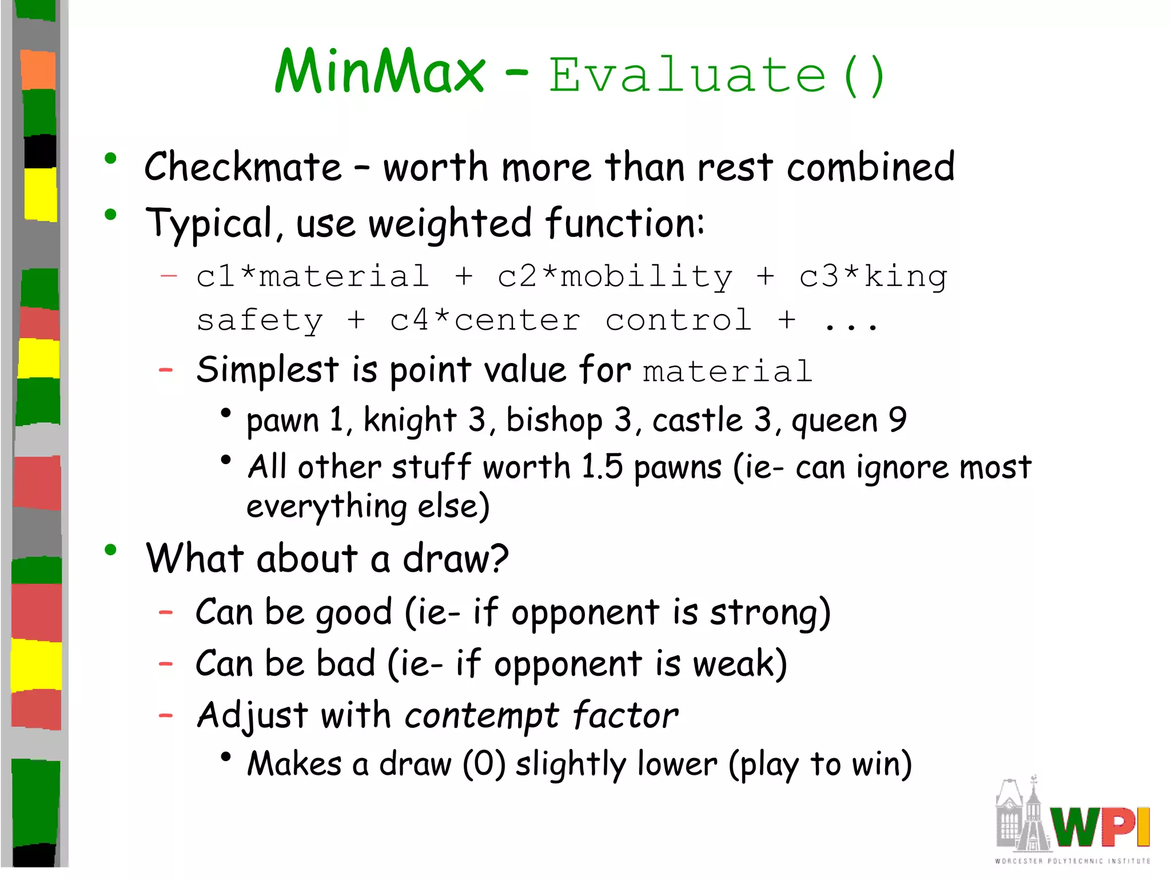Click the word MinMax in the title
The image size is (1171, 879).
[379, 72]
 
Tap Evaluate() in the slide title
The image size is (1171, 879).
[717, 75]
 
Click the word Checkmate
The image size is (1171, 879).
[243, 167]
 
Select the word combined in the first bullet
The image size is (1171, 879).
[870, 167]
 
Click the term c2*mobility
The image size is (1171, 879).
[615, 277]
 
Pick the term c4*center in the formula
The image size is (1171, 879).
[485, 320]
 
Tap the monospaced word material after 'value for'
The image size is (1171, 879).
[727, 372]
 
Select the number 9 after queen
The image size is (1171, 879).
[898, 419]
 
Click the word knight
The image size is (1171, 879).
[410, 421]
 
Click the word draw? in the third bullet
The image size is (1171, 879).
[455, 559]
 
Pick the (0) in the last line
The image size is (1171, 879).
[484, 764]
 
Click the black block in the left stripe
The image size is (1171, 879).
[40, 152]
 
